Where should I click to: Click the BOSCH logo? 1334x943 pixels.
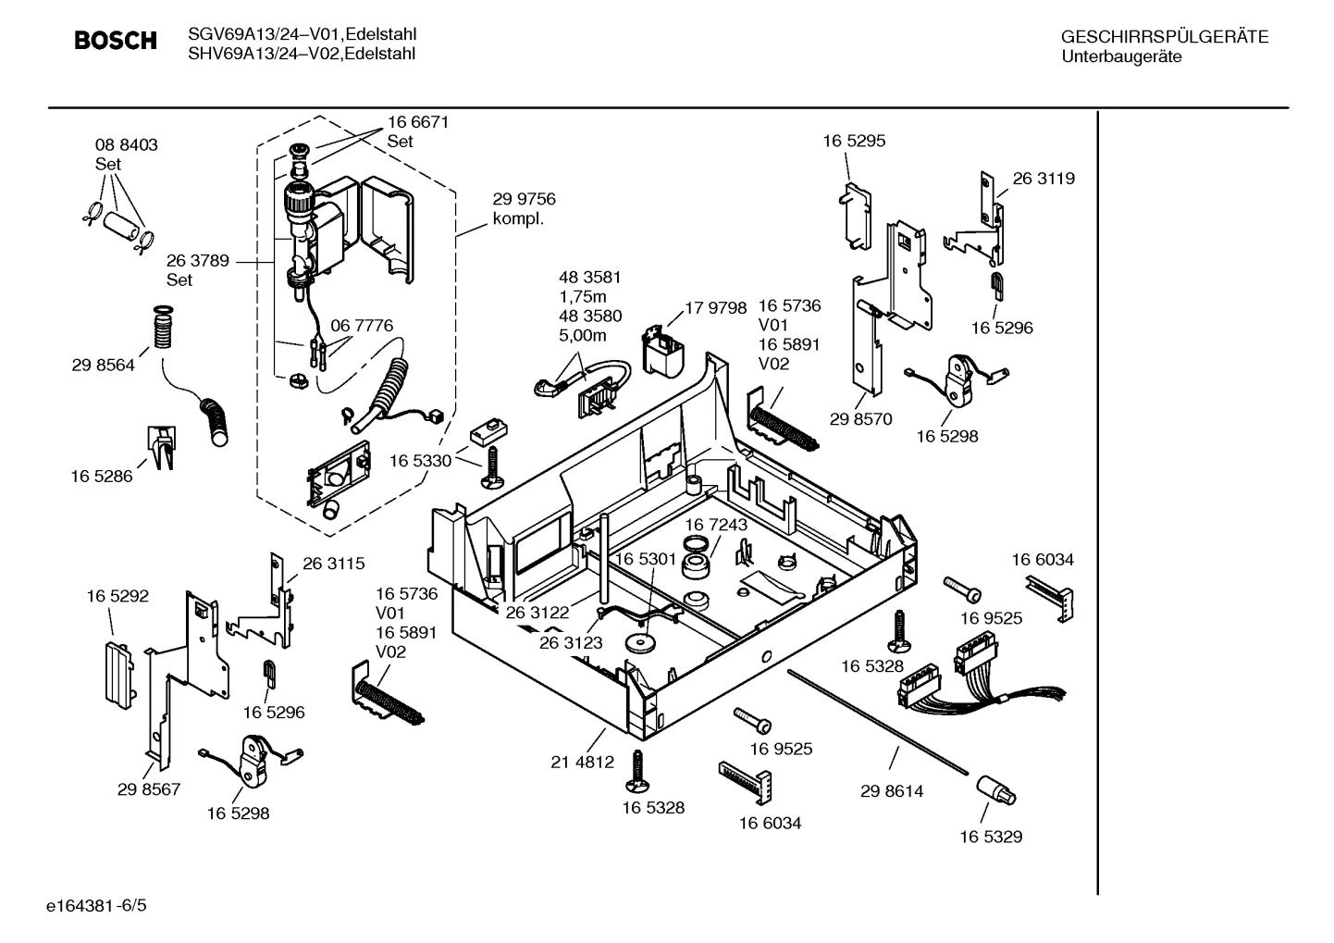[x=115, y=41]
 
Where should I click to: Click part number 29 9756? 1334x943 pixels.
[x=524, y=199]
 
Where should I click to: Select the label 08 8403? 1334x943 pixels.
[x=127, y=145]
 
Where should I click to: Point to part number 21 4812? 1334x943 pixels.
[x=582, y=763]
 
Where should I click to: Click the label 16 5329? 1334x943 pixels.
[x=990, y=837]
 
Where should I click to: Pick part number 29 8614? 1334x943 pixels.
[x=891, y=791]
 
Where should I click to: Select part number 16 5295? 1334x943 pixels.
[x=854, y=141]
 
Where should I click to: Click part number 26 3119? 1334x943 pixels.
[x=1044, y=179]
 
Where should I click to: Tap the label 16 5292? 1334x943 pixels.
[x=117, y=597]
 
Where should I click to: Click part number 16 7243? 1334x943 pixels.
[x=716, y=525]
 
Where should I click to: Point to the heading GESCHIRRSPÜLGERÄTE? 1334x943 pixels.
[x=1164, y=38]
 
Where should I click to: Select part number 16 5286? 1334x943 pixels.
[x=102, y=477]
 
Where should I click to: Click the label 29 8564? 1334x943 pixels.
[x=103, y=366]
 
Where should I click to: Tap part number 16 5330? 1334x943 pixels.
[x=420, y=460]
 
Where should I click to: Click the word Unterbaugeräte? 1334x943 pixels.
[x=1121, y=56]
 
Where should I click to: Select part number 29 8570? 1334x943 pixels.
[x=860, y=419]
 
